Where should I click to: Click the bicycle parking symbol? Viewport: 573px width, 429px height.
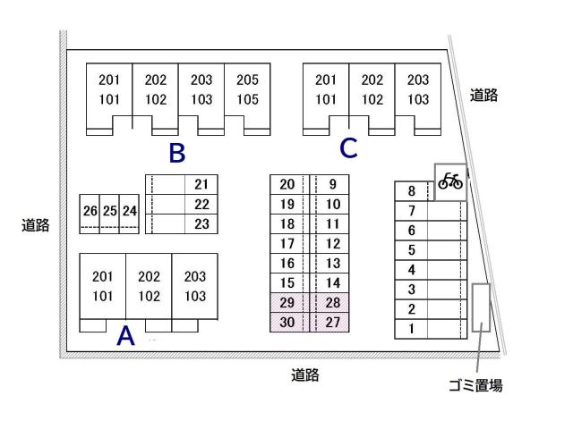(x=451, y=181)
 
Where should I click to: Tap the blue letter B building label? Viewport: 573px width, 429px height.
(x=177, y=154)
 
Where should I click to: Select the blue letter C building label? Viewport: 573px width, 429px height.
(x=348, y=149)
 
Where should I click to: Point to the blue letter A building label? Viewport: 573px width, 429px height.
(x=126, y=336)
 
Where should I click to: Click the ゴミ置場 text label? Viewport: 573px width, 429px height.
(x=475, y=386)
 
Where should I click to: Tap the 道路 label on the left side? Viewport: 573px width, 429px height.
(x=35, y=225)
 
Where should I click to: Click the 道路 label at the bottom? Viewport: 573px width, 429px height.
(x=305, y=375)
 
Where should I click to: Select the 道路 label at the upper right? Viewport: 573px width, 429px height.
(x=484, y=96)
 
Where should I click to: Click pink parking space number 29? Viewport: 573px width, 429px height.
(x=287, y=303)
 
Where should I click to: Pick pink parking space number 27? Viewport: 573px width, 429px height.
(x=332, y=323)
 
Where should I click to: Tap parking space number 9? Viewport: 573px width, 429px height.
(x=333, y=185)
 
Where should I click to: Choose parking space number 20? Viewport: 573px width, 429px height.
(x=287, y=185)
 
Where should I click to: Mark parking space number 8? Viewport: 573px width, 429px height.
(x=412, y=191)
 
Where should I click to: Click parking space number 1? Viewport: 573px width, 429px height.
(x=412, y=329)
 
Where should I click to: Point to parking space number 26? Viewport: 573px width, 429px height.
(x=89, y=212)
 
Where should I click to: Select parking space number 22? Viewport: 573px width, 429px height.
(x=201, y=205)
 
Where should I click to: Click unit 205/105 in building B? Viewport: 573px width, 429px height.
(x=247, y=89)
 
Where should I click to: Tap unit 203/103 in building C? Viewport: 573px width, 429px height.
(x=418, y=89)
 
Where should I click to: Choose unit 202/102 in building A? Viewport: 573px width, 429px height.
(x=149, y=286)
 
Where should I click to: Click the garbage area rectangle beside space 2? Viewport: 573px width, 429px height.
(x=481, y=307)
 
